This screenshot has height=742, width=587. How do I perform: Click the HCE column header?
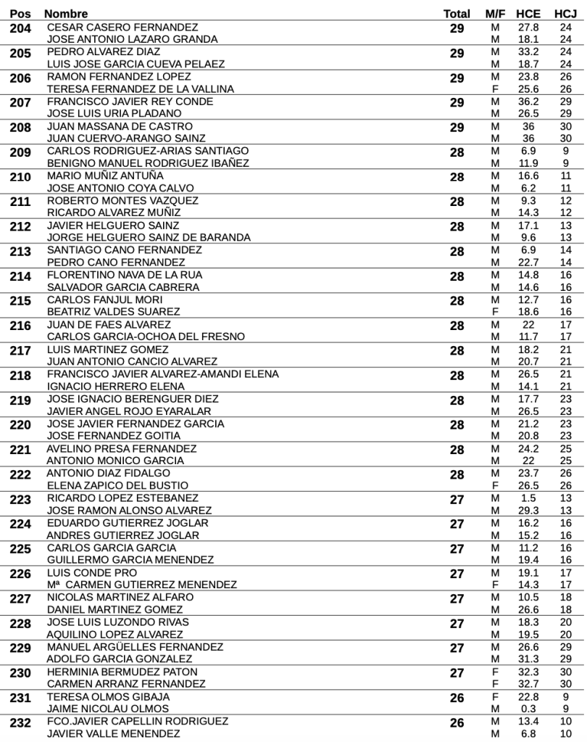528,14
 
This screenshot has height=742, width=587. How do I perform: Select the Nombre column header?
66,14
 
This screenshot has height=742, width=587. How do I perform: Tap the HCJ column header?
565,14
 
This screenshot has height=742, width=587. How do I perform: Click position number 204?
20,28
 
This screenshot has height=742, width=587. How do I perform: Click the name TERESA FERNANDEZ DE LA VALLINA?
140,88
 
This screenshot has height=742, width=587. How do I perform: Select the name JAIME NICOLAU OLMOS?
107,709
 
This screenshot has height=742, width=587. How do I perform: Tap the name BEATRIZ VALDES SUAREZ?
113,312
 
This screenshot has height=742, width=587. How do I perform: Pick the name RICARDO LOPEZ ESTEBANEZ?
122,498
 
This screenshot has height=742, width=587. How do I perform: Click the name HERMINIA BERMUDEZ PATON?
122,672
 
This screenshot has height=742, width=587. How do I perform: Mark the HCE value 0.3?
528,709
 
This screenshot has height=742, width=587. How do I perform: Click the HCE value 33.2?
528,51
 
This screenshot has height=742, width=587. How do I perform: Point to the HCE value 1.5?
528,498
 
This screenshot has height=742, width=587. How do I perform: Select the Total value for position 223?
457,500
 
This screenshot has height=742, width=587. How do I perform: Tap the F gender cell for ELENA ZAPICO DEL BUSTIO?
496,485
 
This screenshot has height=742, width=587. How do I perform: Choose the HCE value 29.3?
528,511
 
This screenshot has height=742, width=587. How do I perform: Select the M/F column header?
496,14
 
